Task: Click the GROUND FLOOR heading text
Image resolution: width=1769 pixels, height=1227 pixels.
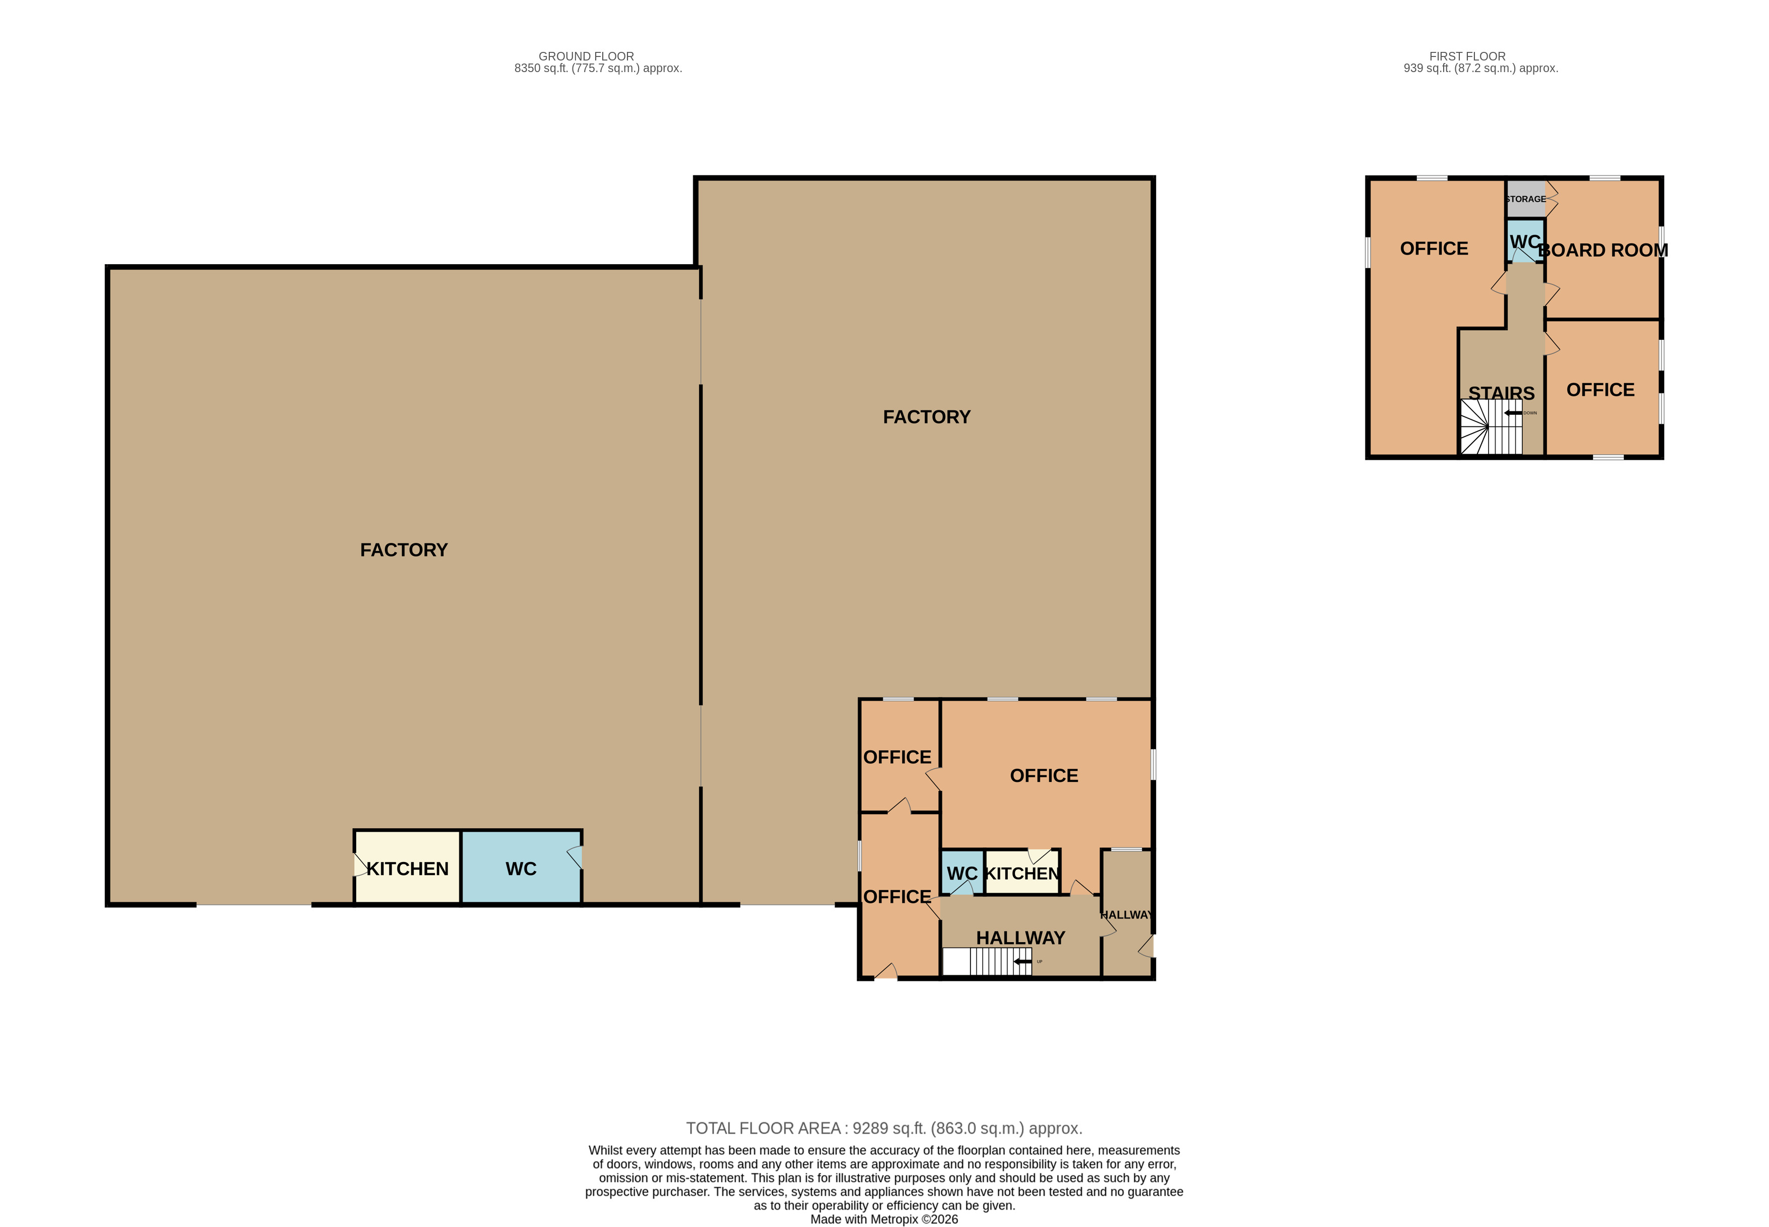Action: coord(586,56)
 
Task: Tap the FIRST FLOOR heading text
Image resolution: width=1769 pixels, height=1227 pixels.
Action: coord(1467,56)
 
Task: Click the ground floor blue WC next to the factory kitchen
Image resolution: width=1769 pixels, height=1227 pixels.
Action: coord(521,867)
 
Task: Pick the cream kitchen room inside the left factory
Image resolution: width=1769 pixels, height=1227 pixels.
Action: coord(407,867)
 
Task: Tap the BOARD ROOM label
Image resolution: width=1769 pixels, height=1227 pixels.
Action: coord(1603,250)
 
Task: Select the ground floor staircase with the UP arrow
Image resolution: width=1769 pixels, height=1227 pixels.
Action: coord(987,962)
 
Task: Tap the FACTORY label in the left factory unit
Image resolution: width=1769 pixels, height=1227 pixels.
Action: coord(404,549)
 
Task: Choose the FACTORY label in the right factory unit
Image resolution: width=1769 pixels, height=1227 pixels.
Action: coord(926,417)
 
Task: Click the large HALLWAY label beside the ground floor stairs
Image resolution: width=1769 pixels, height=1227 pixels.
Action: coord(1020,938)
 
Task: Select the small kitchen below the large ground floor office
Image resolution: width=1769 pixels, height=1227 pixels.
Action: coord(1022,872)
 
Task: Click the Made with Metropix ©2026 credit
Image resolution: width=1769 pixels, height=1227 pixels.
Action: coord(884,1218)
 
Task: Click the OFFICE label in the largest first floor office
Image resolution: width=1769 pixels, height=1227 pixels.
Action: coord(1434,249)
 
